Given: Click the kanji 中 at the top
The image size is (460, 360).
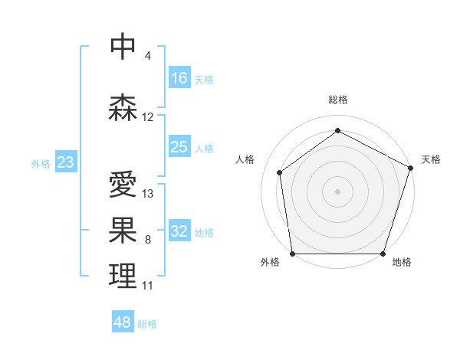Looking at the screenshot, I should pos(123,46).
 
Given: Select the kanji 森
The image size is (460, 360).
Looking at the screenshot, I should pos(123,108).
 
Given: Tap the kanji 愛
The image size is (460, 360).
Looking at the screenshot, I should pos(123,185).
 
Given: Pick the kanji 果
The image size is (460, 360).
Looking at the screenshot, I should pos(123,230).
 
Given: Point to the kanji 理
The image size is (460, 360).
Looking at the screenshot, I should pos(123,276).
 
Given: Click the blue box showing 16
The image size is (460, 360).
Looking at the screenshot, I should pos(179,78).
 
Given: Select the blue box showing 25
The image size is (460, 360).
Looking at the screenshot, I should pos(179,147).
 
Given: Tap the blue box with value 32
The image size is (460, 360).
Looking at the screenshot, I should pos(179,231).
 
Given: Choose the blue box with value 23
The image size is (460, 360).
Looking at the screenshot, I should pos(65,162).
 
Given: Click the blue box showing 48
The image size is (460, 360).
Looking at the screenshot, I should pos(123,322).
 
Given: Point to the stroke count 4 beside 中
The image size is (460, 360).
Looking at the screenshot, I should pos(148,56).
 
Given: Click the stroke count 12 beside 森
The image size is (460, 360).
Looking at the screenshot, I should pos(148,117).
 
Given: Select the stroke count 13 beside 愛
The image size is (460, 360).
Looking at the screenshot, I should pos(148,194).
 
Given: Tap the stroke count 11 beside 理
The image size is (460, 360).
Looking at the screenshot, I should pos(148,286).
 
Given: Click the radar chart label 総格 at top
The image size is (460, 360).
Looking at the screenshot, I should pos(338,100).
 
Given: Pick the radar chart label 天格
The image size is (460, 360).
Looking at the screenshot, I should pos(431,159).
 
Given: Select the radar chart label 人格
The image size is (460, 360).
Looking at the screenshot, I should pos(245,159).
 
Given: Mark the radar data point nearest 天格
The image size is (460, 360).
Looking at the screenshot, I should pos(411,167).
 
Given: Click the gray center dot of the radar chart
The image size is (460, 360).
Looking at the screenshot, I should pos(338,191).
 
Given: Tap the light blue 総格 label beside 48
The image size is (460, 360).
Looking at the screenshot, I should pos(147,324).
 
